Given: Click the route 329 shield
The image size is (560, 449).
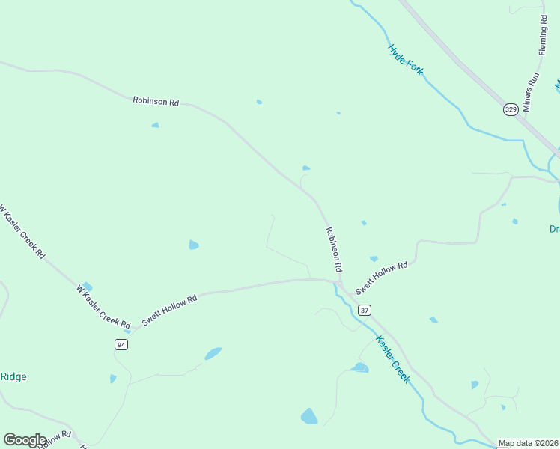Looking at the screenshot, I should click(510, 109).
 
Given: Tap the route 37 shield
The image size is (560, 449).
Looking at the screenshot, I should click(365, 310).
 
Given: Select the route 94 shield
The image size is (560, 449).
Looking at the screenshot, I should click(121, 344).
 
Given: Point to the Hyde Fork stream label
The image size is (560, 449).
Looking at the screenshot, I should click(406, 59).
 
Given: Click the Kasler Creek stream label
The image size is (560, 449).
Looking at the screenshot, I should click(393, 360).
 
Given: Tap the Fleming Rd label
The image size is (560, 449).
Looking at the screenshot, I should click(543, 35).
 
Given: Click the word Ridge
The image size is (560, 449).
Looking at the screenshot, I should click(13, 376).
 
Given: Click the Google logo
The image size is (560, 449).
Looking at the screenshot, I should click(25, 440).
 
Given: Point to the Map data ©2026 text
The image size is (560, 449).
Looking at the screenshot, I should click(528, 443).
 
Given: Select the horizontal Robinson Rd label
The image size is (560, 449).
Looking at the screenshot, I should click(156, 100).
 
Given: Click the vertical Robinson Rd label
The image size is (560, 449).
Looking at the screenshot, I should click(334, 250).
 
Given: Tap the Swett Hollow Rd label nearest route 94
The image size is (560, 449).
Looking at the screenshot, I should click(169, 309).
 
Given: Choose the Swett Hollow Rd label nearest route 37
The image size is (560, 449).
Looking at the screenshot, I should click(381, 278).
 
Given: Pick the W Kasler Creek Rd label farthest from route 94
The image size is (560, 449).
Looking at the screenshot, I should click(22, 232).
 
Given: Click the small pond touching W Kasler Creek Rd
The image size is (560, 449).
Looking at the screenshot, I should click(88, 287).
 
